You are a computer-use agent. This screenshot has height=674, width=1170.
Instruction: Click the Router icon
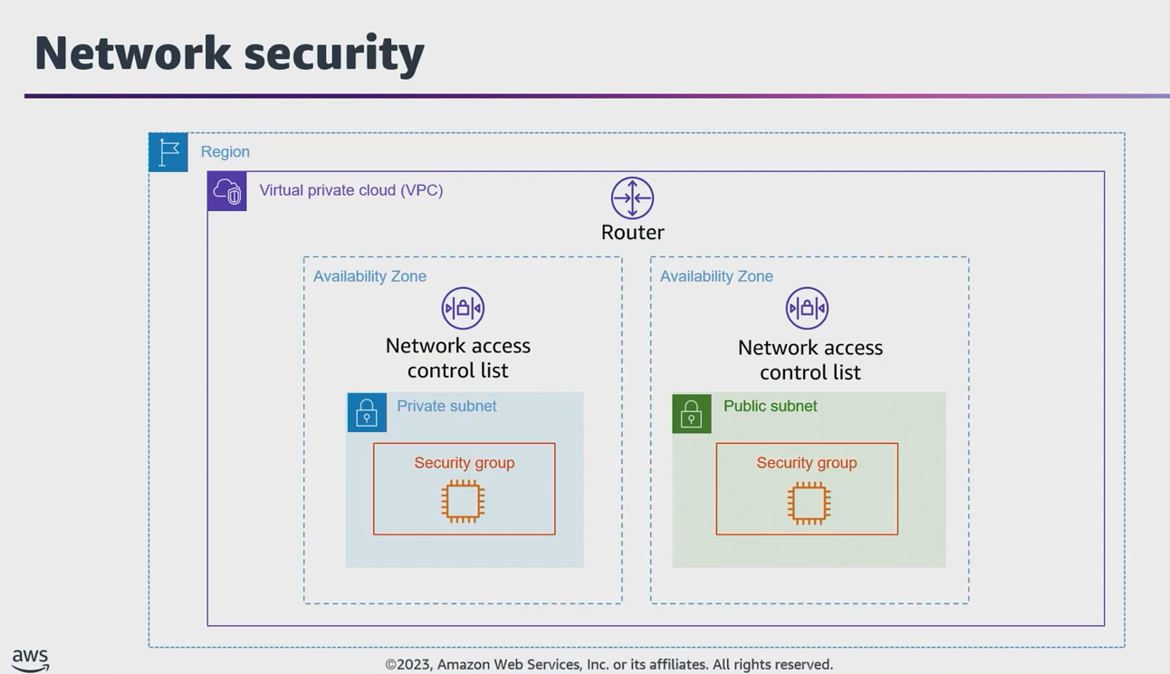[632, 197]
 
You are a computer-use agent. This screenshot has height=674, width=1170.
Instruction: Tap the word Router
[632, 232]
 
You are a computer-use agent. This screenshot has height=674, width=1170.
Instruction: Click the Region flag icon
[168, 152]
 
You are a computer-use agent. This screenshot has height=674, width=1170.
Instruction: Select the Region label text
[225, 152]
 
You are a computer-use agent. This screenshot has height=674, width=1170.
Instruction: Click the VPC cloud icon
[227, 191]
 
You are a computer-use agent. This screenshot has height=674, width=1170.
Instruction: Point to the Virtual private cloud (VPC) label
[351, 190]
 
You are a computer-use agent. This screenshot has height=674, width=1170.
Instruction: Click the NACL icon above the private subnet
[463, 308]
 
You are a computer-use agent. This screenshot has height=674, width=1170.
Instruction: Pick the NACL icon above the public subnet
[807, 308]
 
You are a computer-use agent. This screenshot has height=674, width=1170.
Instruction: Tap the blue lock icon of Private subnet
[367, 412]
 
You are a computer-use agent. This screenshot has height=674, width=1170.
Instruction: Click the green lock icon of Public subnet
[692, 413]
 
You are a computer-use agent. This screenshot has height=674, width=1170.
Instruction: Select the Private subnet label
[446, 406]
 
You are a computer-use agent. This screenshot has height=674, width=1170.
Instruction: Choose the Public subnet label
[770, 406]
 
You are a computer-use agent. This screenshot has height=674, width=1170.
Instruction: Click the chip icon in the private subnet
[463, 501]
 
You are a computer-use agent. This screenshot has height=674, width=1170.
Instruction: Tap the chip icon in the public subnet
[809, 502]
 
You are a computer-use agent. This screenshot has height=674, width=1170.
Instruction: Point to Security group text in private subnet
[464, 463]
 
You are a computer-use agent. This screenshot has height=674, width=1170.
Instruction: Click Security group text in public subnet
[806, 463]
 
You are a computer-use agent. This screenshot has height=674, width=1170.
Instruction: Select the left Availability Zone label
[369, 276]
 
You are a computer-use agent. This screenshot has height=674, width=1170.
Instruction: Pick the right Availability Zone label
[716, 276]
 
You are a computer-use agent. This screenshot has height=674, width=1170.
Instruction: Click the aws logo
[30, 660]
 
